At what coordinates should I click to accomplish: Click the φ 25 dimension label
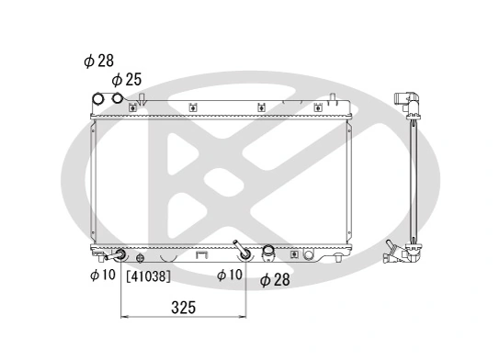click(x=127, y=80)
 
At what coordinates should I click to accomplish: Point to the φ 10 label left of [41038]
click(x=102, y=274)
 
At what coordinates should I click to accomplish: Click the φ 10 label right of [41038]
click(x=230, y=274)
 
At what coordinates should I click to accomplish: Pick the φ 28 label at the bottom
click(x=275, y=279)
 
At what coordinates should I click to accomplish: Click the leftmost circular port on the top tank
click(x=99, y=99)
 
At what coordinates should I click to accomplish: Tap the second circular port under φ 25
click(x=117, y=100)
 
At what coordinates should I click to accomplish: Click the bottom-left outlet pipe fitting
click(x=119, y=255)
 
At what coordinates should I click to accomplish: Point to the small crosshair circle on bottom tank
click(x=141, y=257)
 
